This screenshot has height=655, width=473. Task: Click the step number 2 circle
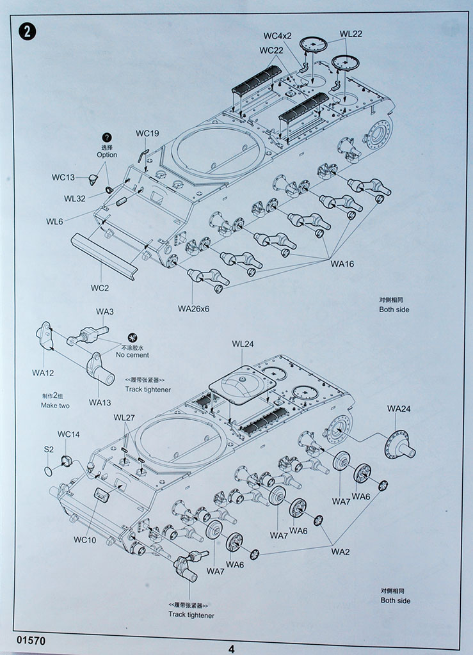pos(28,31)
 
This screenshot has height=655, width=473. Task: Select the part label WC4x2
pos(277,35)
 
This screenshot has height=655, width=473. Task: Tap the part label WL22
pos(351,34)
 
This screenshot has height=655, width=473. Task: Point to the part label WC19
pos(147,134)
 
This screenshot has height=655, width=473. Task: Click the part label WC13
pos(63,177)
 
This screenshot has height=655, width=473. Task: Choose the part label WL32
pos(75,198)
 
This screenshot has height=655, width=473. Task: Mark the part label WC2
pos(99,288)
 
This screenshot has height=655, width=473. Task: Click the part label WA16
pos(342,264)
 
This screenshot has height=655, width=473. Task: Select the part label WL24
pos(243,344)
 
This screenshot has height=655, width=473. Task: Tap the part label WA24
pos(399,409)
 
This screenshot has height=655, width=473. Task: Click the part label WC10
pos(84,539)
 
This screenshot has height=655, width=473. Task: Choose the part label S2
pos(49,450)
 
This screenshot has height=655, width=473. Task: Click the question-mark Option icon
pos(107,138)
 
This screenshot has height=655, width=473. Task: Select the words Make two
pos(55,406)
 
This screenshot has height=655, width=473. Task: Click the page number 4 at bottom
pos(231,649)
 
